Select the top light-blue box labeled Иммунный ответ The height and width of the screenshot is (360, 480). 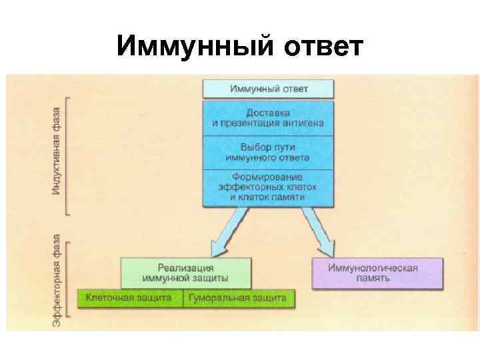coord(268,88)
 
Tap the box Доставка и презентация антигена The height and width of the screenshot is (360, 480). coord(268,118)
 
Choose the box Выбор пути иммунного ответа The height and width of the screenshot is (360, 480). coord(268,153)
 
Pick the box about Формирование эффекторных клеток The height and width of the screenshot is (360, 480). coord(268,187)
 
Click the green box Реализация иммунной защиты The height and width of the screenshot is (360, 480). coord(186,272)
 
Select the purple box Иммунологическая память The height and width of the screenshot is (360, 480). coord(377,273)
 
